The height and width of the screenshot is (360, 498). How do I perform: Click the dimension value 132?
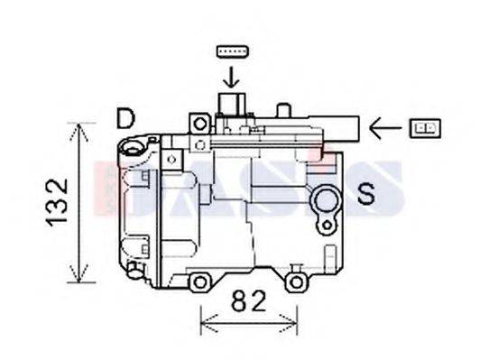56,202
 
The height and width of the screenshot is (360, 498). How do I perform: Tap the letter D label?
125,118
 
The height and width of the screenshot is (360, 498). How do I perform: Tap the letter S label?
366,193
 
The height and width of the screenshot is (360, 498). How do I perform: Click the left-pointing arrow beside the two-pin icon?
385,129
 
